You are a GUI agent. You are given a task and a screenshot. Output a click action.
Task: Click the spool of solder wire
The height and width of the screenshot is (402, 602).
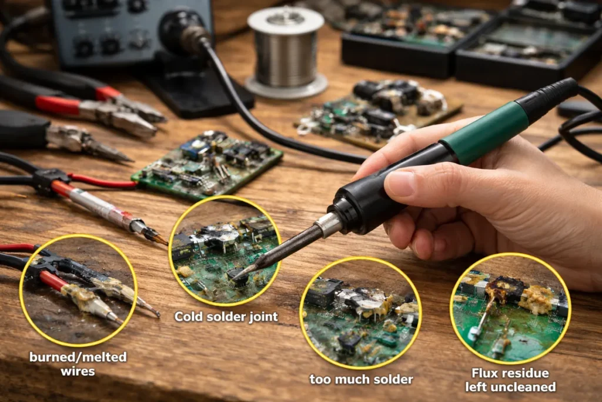[286, 51]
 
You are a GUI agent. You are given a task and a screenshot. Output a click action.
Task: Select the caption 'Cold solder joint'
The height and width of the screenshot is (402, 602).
[226, 317]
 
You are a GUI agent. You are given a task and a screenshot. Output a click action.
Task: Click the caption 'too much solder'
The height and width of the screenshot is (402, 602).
[362, 379]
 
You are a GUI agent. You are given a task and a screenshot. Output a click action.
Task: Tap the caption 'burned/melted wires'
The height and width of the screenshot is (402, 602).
[78, 364]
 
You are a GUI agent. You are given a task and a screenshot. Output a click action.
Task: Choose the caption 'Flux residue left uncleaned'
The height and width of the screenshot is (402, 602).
[510, 380]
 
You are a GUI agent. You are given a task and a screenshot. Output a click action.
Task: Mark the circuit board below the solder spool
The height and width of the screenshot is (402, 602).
[378, 114]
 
